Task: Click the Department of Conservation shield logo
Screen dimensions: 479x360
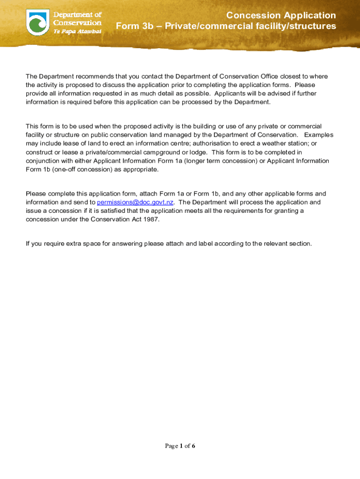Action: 38,22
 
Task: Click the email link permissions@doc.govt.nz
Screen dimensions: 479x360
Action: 136,202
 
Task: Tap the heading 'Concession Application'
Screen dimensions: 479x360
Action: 281,15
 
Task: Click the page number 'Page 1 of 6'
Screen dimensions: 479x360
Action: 180,446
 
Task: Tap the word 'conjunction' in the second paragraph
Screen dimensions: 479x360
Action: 43,160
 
